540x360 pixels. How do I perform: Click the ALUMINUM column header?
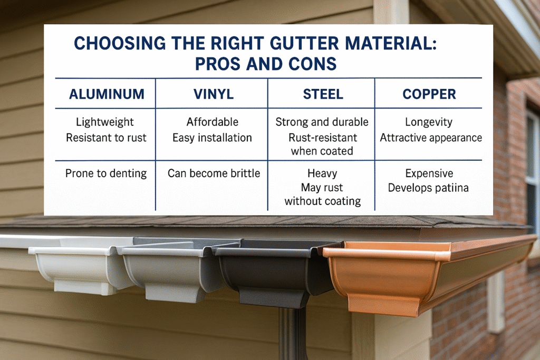click(x=107, y=94)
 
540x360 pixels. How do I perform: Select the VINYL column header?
click(x=214, y=94)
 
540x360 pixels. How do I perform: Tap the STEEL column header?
click(x=323, y=94)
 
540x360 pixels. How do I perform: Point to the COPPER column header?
click(x=429, y=94)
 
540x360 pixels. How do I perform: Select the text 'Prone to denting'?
click(x=106, y=173)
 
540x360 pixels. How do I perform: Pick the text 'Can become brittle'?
click(x=214, y=173)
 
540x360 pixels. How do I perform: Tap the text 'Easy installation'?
click(x=212, y=138)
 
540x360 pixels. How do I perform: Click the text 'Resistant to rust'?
click(x=106, y=138)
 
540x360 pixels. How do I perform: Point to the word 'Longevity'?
click(x=429, y=122)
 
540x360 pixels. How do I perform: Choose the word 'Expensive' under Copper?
click(x=429, y=173)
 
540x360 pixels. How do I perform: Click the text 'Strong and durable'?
click(x=322, y=122)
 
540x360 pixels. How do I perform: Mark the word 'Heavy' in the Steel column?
click(x=322, y=173)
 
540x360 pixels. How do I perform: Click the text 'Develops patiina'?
click(x=428, y=188)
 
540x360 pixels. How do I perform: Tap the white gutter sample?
click(x=83, y=268)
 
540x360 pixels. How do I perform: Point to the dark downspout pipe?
click(x=292, y=334)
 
